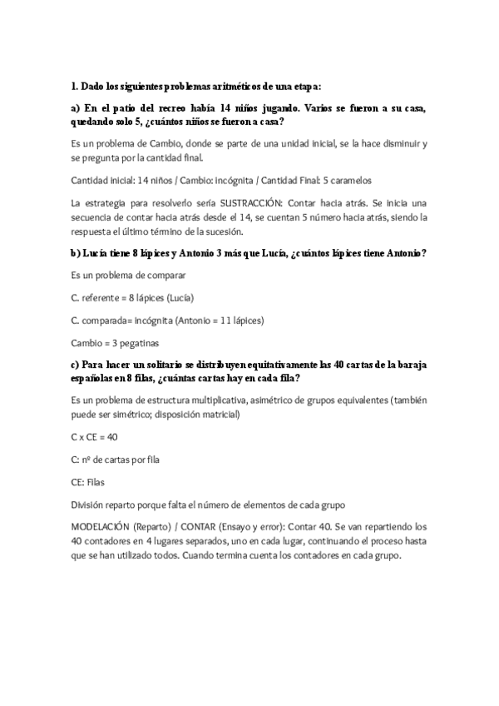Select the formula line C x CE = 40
pyautogui.click(x=94, y=436)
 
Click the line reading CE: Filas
pyautogui.click(x=88, y=481)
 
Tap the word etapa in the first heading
pyautogui.click(x=304, y=85)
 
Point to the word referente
pyautogui.click(x=100, y=297)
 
